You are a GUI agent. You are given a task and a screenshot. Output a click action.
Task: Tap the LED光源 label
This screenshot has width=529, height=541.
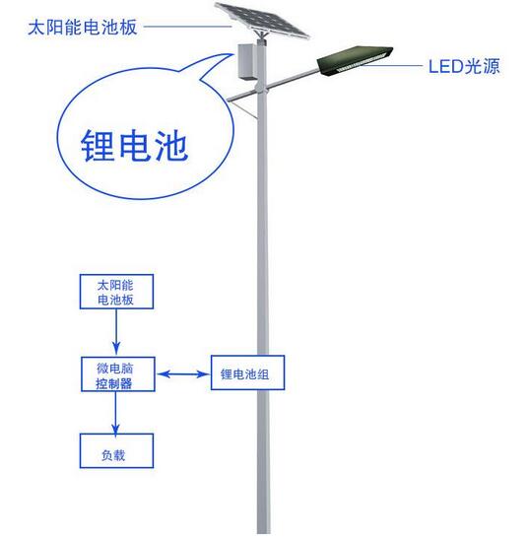(x=464, y=68)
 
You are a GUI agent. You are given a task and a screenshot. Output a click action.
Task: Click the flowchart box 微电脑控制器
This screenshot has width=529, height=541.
(x=116, y=374)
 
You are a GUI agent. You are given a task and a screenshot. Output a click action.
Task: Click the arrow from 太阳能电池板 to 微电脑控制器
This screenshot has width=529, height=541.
(x=116, y=335)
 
